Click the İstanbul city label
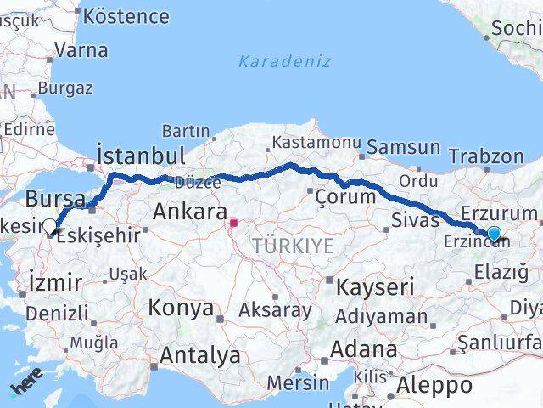141,156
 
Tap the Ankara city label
189,212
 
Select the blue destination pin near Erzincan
494,233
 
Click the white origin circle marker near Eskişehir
50,227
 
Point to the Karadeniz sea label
284,61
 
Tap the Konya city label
181,308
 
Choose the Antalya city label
199,355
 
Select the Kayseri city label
374,287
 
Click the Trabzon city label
486,156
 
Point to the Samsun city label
403,147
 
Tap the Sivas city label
415,220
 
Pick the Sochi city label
517,27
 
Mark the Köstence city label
126,16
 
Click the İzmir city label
55,282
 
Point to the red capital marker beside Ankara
233,224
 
